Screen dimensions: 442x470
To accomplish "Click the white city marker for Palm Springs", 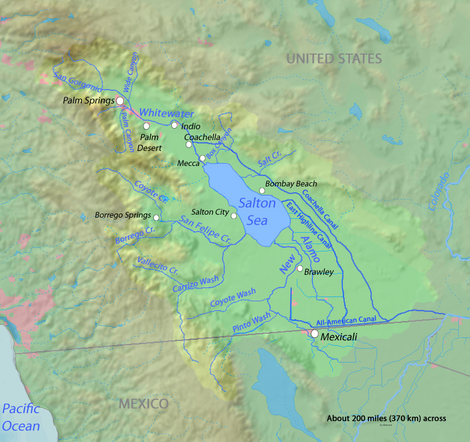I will click(120, 101).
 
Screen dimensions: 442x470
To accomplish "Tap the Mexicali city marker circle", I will click(314, 333).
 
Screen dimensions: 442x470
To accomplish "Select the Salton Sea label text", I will click(257, 212).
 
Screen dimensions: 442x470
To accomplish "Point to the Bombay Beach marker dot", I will click(261, 191).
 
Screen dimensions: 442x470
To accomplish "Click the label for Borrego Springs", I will click(123, 215).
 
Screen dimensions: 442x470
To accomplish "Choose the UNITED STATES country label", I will click(334, 58).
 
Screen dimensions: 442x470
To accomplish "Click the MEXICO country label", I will click(143, 404).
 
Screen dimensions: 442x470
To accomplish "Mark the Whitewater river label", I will click(166, 114).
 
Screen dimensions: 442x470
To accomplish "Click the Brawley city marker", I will click(299, 268).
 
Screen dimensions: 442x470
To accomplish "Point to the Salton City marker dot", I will click(234, 216).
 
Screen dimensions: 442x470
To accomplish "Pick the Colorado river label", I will click(439, 192).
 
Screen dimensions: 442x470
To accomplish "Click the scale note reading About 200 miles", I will click(386, 419).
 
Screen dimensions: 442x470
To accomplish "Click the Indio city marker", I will click(174, 125).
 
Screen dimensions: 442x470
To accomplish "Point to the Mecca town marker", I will click(203, 158).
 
